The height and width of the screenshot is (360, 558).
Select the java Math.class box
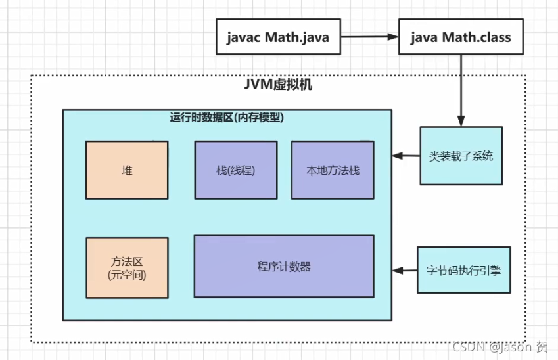pos(460,37)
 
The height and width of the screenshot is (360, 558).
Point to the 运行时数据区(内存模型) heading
pos(227,118)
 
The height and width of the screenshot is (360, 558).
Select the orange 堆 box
pos(126,170)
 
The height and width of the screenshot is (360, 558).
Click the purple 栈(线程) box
pos(235,170)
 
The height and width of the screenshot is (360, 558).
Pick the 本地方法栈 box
pos(333,170)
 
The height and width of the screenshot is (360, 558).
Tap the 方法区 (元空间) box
pos(126,268)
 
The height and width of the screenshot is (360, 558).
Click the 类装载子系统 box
pos(461,156)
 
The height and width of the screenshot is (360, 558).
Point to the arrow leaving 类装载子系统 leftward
pos(406,156)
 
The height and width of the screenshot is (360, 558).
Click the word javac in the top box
pos(244,37)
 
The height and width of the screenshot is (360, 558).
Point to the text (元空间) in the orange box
pos(126,275)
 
